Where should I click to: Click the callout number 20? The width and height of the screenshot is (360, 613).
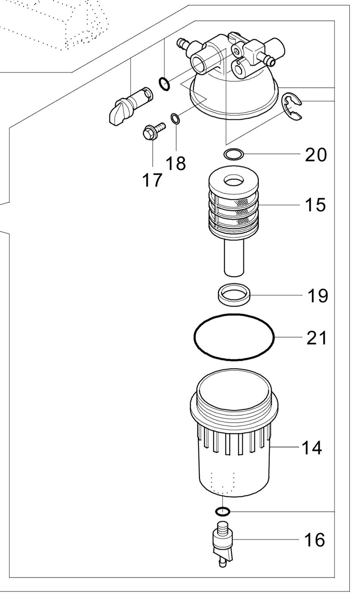click(316, 155)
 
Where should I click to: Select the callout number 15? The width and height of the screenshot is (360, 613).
click(316, 205)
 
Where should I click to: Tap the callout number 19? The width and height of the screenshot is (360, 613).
click(318, 296)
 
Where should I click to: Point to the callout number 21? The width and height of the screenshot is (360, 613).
click(316, 338)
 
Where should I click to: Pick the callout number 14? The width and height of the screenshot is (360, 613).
click(311, 448)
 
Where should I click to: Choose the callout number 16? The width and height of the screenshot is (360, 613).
click(315, 539)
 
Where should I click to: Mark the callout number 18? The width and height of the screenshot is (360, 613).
click(175, 163)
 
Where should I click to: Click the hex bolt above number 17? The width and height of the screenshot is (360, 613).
click(154, 131)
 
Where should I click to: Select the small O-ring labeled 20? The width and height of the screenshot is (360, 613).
click(233, 154)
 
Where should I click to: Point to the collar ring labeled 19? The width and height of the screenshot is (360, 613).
click(234, 295)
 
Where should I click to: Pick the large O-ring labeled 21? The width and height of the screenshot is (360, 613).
click(233, 337)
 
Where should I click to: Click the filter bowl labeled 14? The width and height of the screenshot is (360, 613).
click(234, 433)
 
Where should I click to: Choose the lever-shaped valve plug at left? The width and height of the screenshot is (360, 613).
click(130, 106)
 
